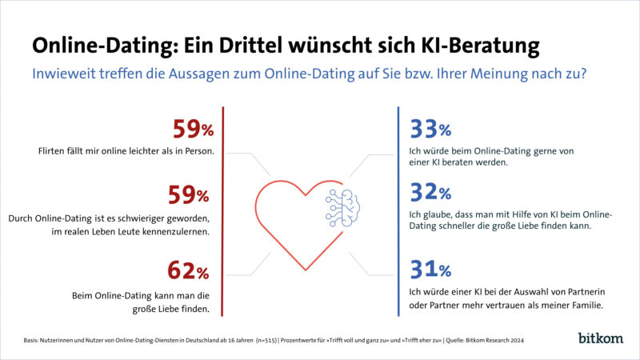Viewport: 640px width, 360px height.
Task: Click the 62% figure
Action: coord(191,272)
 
